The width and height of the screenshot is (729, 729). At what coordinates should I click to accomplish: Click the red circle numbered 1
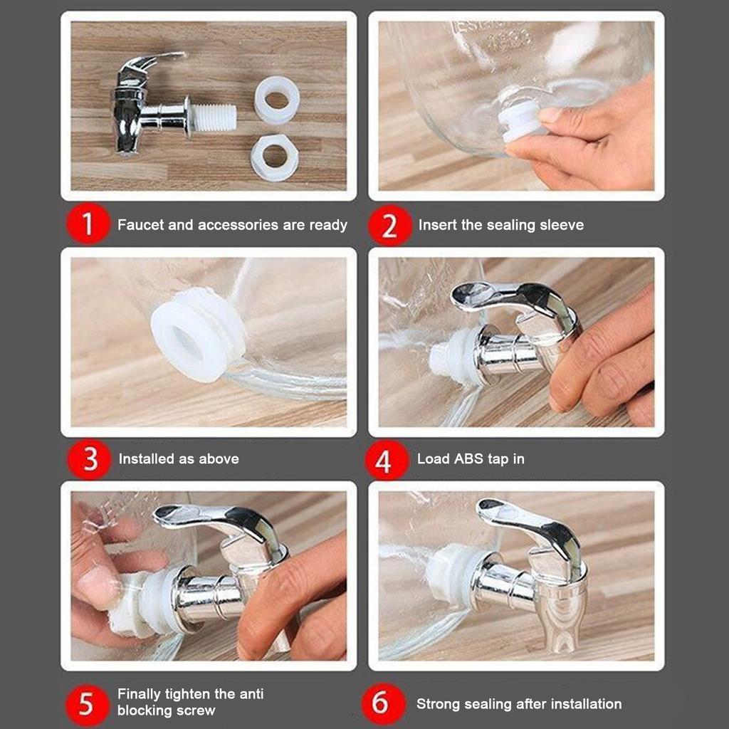[88, 224]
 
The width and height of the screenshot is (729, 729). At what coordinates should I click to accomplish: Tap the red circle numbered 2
[389, 225]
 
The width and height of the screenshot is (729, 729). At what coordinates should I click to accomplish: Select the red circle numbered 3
[89, 459]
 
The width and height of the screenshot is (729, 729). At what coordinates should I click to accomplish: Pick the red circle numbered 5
[87, 704]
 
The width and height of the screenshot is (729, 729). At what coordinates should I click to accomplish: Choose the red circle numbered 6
[383, 703]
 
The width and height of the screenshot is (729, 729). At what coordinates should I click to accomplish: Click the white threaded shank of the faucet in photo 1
[213, 117]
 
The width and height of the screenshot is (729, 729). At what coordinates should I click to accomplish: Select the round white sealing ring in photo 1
[277, 99]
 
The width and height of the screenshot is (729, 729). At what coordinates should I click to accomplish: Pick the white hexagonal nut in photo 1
[275, 157]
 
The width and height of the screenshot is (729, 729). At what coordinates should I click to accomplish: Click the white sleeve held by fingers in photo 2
[520, 120]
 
